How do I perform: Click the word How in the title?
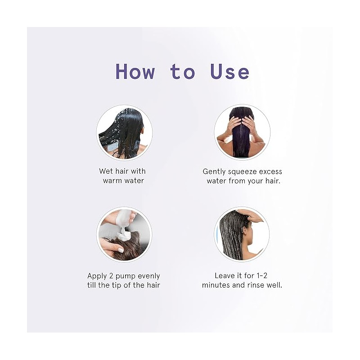pyautogui.click(x=135, y=71)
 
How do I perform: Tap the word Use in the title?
pyautogui.click(x=229, y=71)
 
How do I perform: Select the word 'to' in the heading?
pyautogui.click(x=183, y=72)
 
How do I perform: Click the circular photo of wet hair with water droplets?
pyautogui.click(x=124, y=133)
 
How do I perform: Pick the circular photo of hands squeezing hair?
pyautogui.click(x=242, y=132)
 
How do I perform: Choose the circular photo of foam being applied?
pyautogui.click(x=124, y=234)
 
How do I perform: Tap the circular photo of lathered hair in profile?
pyautogui.click(x=242, y=234)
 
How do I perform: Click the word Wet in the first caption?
pyautogui.click(x=106, y=171)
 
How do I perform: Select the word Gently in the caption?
pyautogui.click(x=214, y=172)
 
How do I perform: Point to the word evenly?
pyautogui.click(x=149, y=276)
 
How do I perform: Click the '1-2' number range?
pyautogui.click(x=261, y=275)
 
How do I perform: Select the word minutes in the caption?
pyautogui.click(x=216, y=285)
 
